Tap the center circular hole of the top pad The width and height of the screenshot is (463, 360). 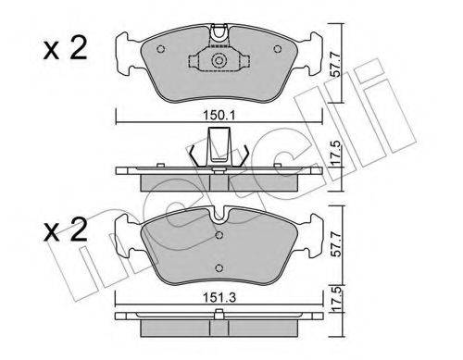pos(219,63)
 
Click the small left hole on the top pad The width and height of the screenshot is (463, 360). pos(161,48)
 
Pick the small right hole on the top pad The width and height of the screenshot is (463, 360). pos(278,48)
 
